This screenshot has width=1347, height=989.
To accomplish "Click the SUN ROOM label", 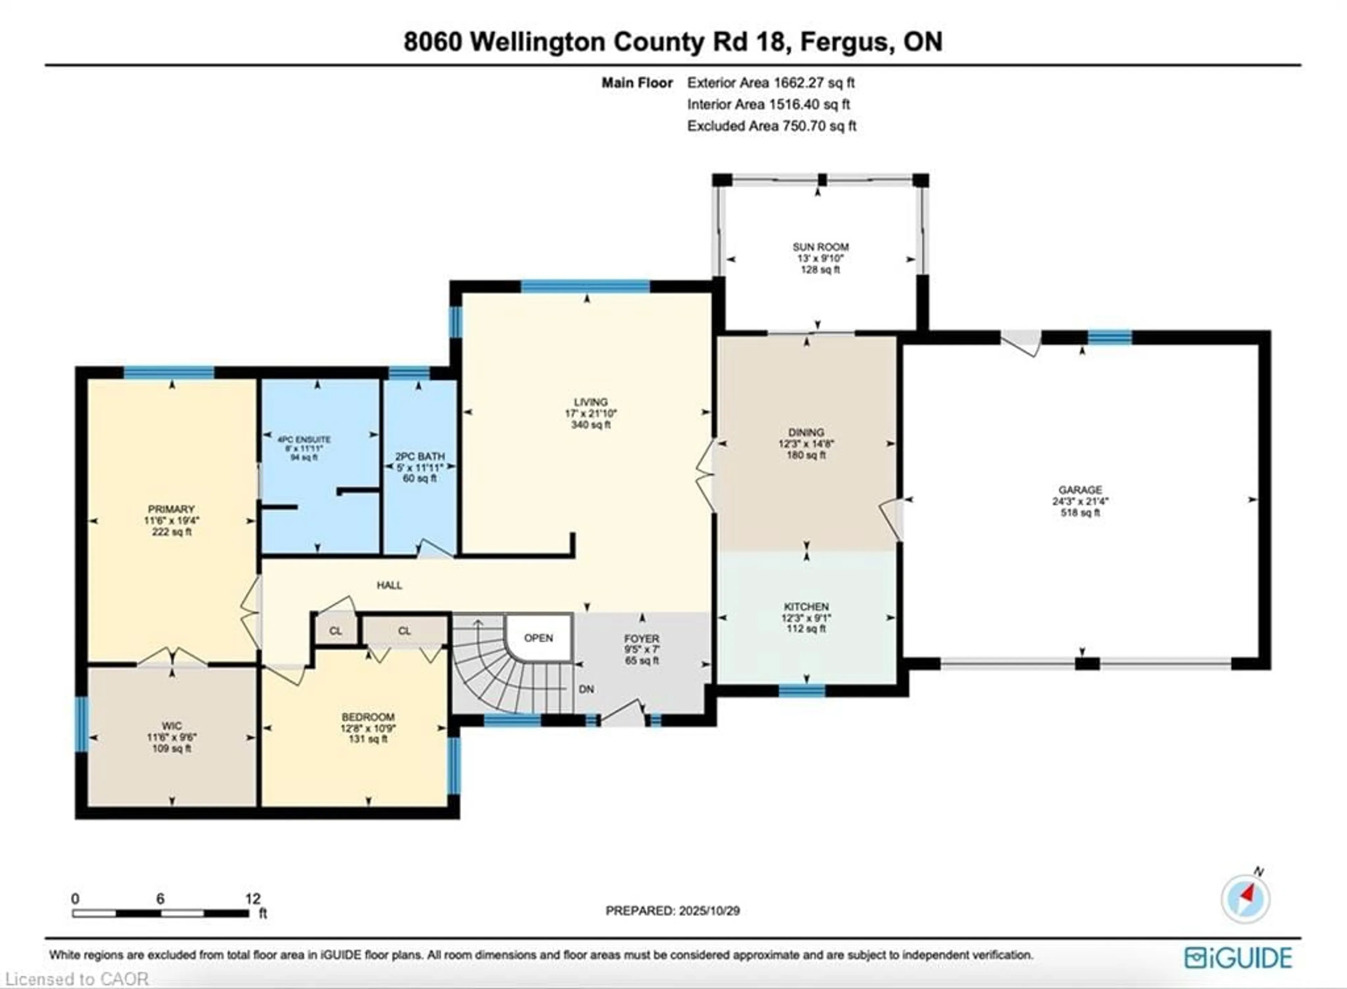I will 820,247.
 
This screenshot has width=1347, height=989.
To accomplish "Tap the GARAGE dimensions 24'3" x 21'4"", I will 1080,502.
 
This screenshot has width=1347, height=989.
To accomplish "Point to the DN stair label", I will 586,689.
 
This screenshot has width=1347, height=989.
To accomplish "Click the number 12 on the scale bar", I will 253,899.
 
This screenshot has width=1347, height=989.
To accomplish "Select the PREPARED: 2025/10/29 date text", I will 672,910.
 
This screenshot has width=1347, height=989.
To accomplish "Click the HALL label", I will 389,585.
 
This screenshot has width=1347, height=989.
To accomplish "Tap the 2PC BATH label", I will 420,456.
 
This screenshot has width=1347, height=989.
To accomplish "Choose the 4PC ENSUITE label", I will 304,439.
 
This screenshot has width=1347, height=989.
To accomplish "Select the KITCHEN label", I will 806,606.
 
